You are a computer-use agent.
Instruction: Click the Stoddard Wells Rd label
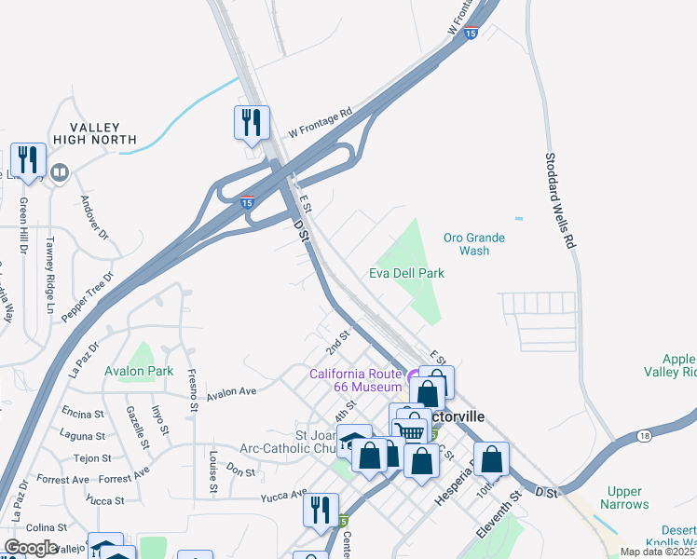pyautogui.click(x=557, y=200)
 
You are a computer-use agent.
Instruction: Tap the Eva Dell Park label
pyautogui.click(x=406, y=273)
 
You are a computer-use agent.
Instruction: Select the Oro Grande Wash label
pyautogui.click(x=474, y=244)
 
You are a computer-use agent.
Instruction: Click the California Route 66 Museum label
pyautogui.click(x=356, y=380)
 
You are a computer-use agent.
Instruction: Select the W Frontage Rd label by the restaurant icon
pyautogui.click(x=320, y=122)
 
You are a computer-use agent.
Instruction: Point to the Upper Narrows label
pyautogui.click(x=624, y=498)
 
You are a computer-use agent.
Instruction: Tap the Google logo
pyautogui.click(x=31, y=548)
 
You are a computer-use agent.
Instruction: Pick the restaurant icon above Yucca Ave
pyautogui.click(x=321, y=510)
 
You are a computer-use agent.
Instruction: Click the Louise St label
pyautogui.click(x=213, y=471)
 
